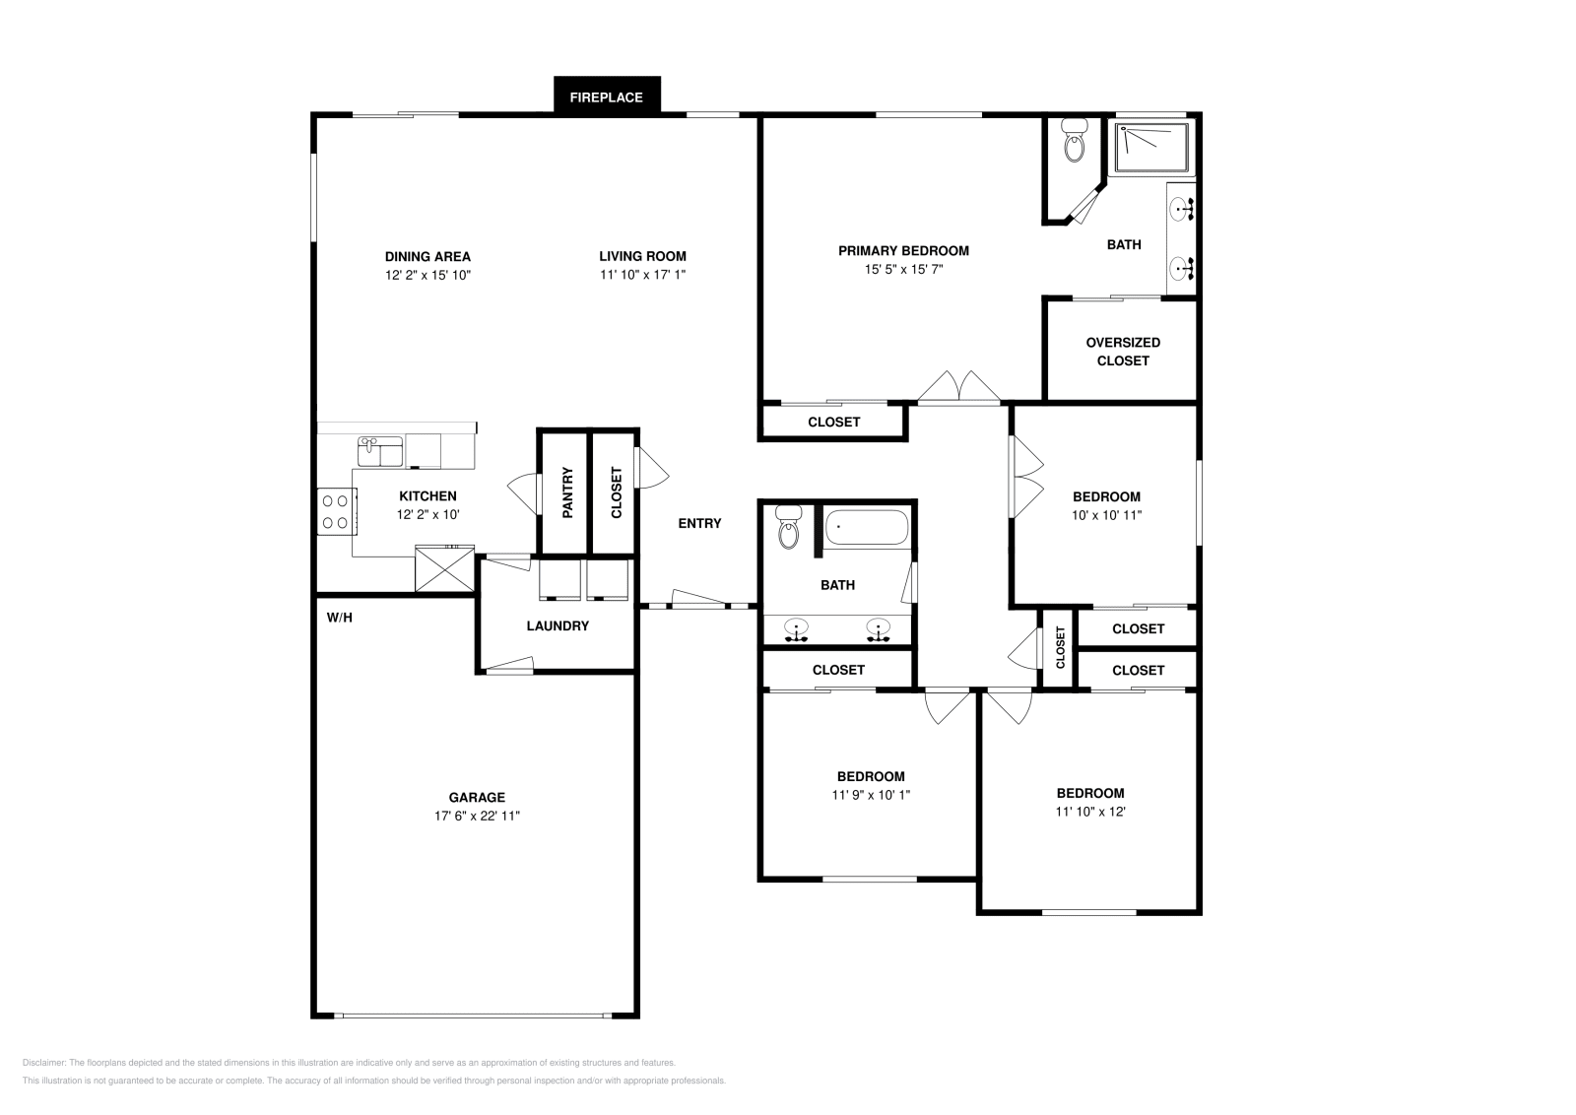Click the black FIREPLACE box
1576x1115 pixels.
(607, 95)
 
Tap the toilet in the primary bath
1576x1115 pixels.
(1074, 140)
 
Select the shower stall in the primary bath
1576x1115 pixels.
(1152, 147)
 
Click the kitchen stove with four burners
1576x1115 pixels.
(336, 511)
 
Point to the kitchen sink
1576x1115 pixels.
(380, 451)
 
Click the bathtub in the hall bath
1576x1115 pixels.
(866, 527)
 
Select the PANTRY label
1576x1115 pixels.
(567, 492)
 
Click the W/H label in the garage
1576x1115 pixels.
(340, 618)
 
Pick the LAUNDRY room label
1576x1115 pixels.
(558, 625)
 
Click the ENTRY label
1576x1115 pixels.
(699, 523)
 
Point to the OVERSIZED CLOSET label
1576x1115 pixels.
(1123, 351)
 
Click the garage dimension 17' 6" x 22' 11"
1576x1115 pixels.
(477, 816)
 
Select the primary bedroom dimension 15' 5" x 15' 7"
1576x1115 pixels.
(903, 269)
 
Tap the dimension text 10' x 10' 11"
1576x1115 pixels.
(1107, 515)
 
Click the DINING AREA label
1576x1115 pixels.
(427, 257)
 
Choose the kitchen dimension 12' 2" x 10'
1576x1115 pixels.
(427, 514)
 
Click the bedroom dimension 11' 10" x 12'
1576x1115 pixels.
(1090, 811)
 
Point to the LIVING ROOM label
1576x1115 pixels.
(642, 256)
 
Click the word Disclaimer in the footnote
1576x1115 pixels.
(44, 1063)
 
